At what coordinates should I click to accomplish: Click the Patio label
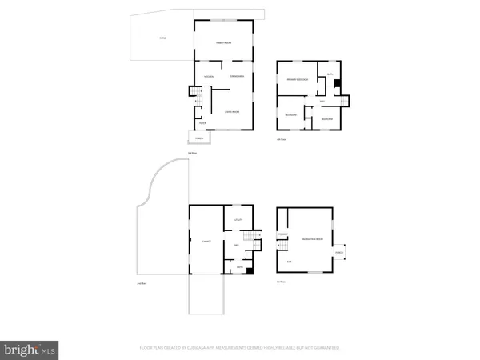pos(162,38)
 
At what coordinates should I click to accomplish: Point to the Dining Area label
pos(237,77)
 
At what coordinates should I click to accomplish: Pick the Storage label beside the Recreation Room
pos(282,234)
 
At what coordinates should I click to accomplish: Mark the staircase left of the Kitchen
pos(192,95)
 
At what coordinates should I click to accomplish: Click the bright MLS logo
pos(31,349)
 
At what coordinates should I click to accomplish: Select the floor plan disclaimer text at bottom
pos(240,349)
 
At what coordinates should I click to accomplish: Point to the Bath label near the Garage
pos(238,267)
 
